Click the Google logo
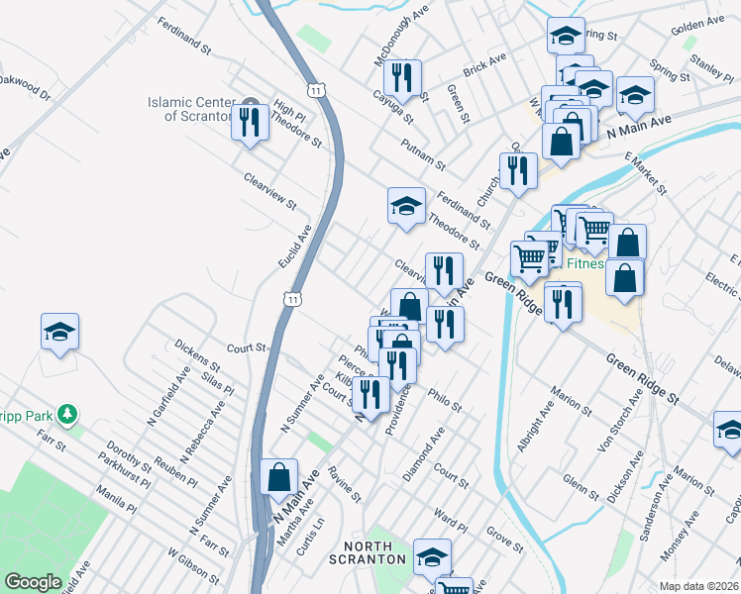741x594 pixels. [33, 582]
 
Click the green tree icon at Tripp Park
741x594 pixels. [67, 412]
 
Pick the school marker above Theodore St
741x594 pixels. [406, 206]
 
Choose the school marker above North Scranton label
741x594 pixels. [432, 557]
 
